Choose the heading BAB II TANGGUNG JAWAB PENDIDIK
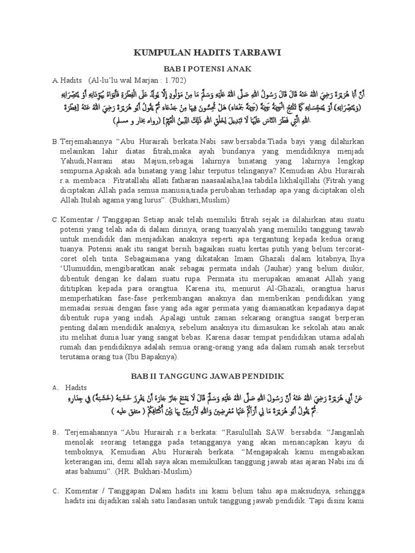tap(208, 375)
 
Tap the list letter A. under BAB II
tap(55, 387)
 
